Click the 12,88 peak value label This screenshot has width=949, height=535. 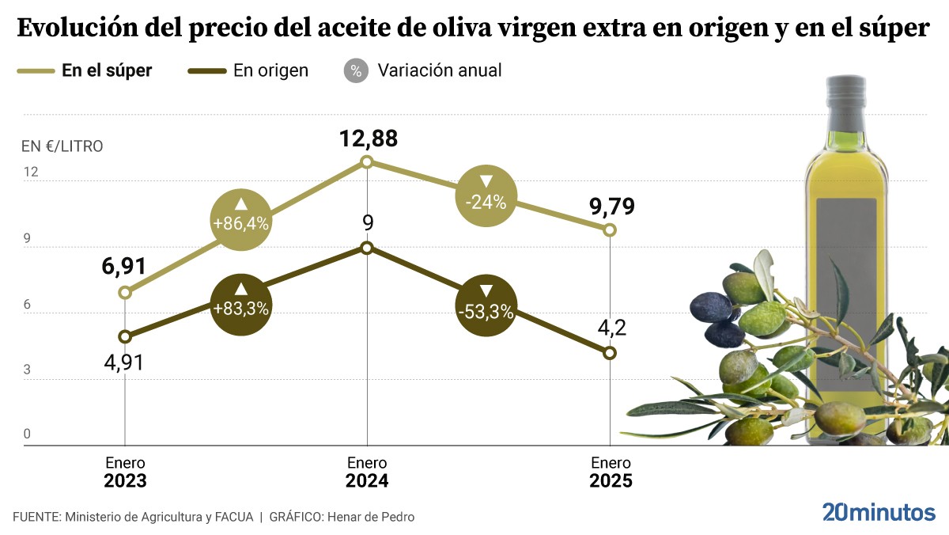368,139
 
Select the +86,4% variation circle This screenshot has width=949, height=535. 241,219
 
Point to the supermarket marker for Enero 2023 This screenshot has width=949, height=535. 125,293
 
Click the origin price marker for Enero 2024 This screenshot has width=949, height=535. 367,248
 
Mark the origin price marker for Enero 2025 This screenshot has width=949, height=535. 610,354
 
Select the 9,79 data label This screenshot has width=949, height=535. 612,207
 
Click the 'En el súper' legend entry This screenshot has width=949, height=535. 85,70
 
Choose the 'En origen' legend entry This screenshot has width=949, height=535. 248,70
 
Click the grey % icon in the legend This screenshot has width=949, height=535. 356,70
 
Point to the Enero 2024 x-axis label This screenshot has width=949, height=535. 367,472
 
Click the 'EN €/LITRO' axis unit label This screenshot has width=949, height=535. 62,146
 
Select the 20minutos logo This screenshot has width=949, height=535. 878,512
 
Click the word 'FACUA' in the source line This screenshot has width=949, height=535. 233,517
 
